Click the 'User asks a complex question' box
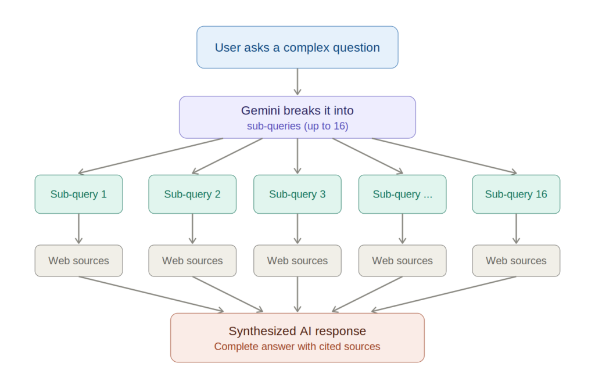pos(297,48)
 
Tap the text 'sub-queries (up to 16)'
pos(297,126)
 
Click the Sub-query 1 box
pos(78,195)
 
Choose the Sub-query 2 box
pos(192,195)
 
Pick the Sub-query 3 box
pos(297,195)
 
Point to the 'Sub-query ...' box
pos(402,195)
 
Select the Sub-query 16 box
pos(516,195)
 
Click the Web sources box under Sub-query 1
pos(78,261)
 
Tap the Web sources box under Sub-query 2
pos(192,261)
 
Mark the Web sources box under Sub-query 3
pos(297,261)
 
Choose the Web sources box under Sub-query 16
pos(516,261)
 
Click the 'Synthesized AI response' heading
pos(297,331)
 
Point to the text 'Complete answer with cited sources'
pos(297,347)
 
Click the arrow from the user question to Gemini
pos(297,82)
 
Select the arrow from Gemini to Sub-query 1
pos(151,156)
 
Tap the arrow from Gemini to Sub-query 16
pos(445,156)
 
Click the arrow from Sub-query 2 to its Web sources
pos(192,229)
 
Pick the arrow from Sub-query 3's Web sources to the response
pos(297,294)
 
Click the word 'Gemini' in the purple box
pos(259,110)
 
